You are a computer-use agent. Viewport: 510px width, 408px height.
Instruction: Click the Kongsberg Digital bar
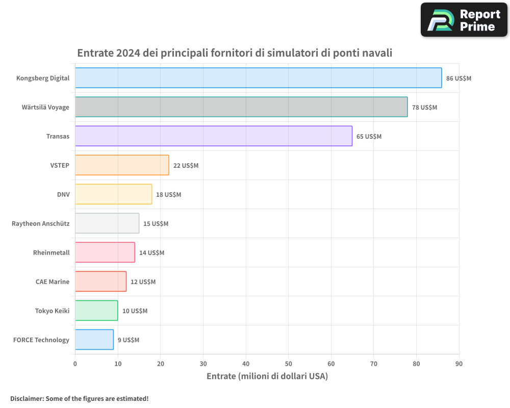click(258, 78)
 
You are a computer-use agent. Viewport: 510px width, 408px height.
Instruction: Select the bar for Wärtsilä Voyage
click(241, 107)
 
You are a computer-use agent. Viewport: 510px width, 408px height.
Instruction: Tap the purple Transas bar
click(213, 136)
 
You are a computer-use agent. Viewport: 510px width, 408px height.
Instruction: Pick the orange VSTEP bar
click(122, 165)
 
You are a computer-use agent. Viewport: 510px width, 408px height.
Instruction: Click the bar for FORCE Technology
click(94, 340)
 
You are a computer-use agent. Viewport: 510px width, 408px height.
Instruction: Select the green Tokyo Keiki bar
click(96, 311)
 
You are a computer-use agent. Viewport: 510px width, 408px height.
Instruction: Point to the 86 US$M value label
click(458, 79)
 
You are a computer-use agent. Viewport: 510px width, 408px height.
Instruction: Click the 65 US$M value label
click(369, 137)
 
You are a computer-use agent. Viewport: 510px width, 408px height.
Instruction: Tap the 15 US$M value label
click(156, 224)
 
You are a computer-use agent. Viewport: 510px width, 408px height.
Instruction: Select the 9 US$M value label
click(128, 340)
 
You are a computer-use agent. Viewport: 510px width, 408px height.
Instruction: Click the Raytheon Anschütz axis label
click(41, 223)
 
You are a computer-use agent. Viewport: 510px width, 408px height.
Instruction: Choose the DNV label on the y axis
click(63, 194)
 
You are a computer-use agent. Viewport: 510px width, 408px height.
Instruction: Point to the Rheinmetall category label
click(51, 252)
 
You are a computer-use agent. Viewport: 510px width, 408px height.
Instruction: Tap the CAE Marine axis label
click(53, 282)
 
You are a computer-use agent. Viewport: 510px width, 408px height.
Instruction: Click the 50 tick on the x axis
click(288, 364)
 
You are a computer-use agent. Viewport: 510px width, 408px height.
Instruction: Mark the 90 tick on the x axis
click(458, 364)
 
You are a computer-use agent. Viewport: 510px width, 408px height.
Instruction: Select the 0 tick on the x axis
click(75, 364)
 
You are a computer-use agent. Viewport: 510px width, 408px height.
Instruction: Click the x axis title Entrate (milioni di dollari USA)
click(267, 376)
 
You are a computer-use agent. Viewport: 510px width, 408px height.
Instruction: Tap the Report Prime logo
click(464, 20)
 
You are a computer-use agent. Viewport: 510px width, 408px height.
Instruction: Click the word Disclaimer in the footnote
click(26, 398)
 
